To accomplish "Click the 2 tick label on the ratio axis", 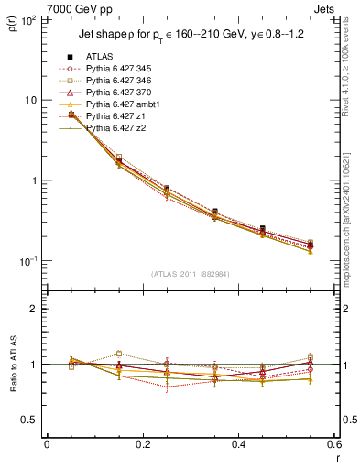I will click(35, 309).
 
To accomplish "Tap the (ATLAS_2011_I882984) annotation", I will click(190, 273).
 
